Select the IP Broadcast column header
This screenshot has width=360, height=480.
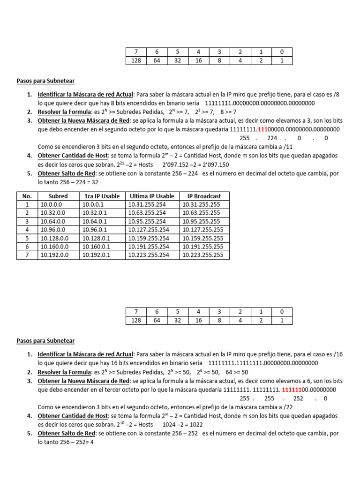(x=204, y=196)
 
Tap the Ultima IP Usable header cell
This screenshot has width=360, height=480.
(x=152, y=196)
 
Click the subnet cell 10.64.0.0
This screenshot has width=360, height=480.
(x=52, y=221)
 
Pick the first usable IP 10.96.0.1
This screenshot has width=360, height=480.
(x=96, y=230)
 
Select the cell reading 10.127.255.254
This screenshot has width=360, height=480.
(x=149, y=230)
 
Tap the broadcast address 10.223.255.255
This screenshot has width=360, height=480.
(x=203, y=255)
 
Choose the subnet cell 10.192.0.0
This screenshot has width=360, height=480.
(x=54, y=255)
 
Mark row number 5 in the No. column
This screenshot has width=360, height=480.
(x=27, y=238)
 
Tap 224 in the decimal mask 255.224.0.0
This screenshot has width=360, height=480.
(x=272, y=138)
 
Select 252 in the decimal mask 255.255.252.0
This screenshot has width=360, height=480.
(x=298, y=398)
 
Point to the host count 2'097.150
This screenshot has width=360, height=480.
(x=215, y=165)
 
